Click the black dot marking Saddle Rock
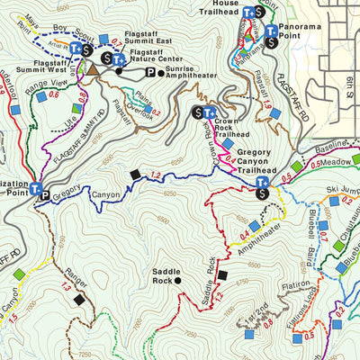178,281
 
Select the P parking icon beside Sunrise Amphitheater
149,72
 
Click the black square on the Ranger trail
79,299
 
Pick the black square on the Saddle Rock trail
223,275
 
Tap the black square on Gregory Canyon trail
135,175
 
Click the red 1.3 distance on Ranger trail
65,286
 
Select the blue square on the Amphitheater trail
255,225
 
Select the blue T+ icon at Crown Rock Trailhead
211,112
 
